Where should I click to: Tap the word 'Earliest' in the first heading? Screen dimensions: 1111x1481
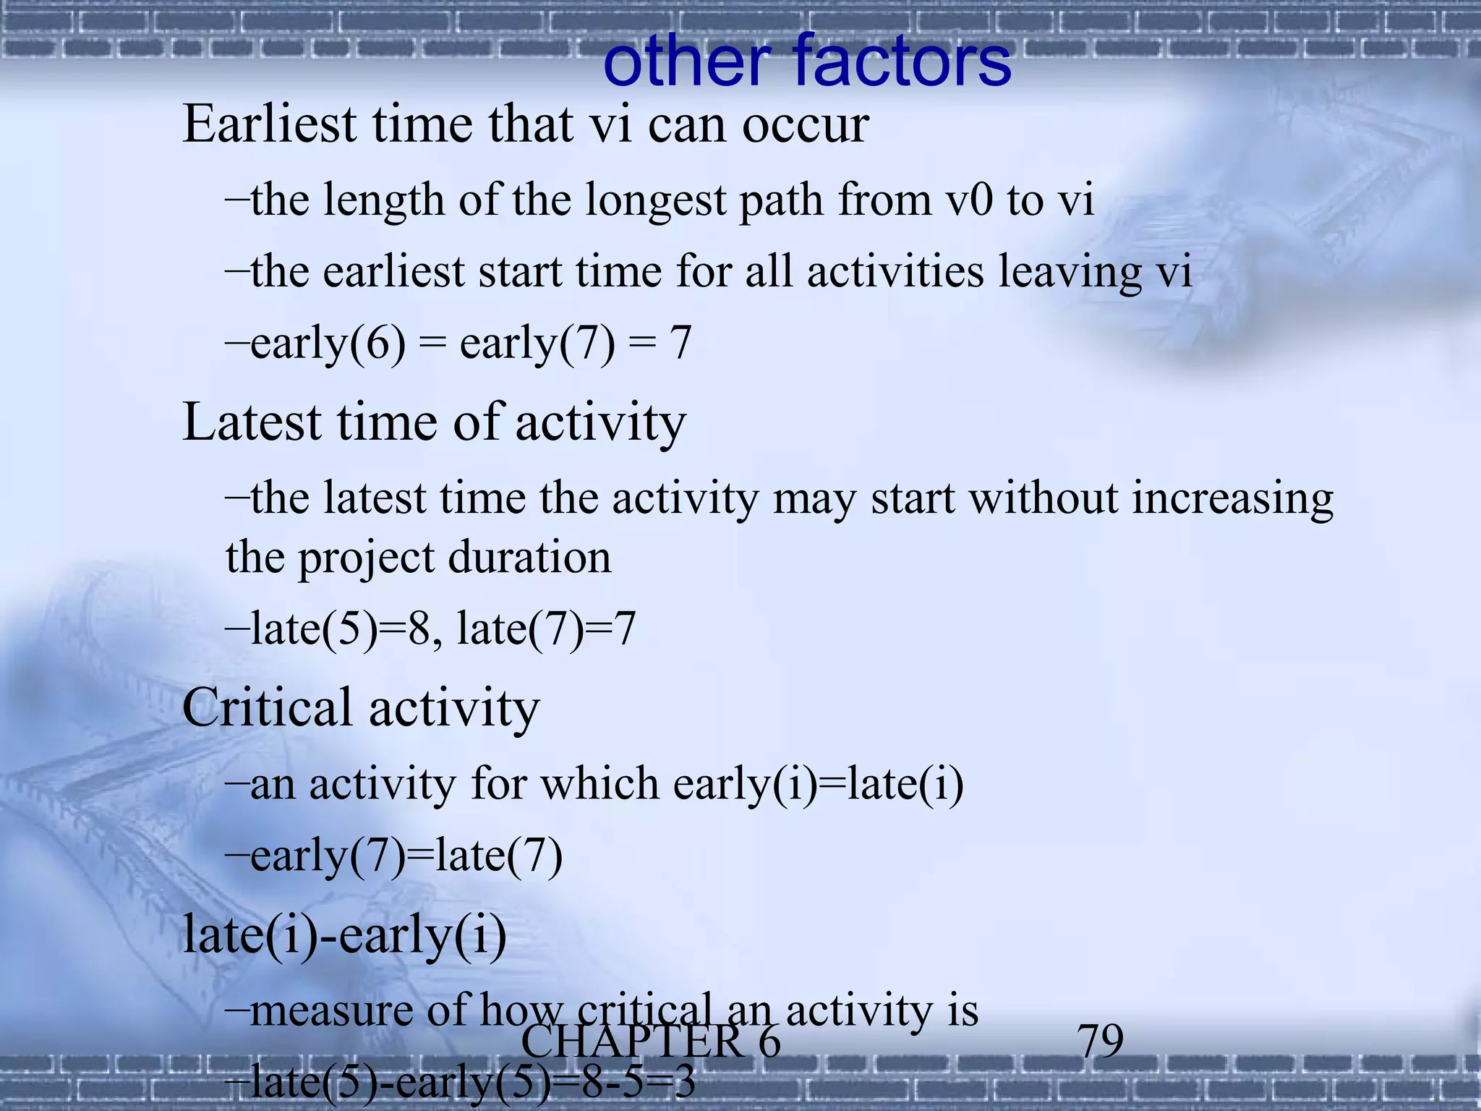270,124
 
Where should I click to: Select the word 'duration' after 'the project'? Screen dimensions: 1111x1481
529,558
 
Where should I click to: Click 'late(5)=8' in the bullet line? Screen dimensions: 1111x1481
340,629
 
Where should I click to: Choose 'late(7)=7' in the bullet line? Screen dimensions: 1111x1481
546,629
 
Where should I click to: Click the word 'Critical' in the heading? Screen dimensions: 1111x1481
268,707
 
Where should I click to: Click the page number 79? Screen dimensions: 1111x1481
1100,1042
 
